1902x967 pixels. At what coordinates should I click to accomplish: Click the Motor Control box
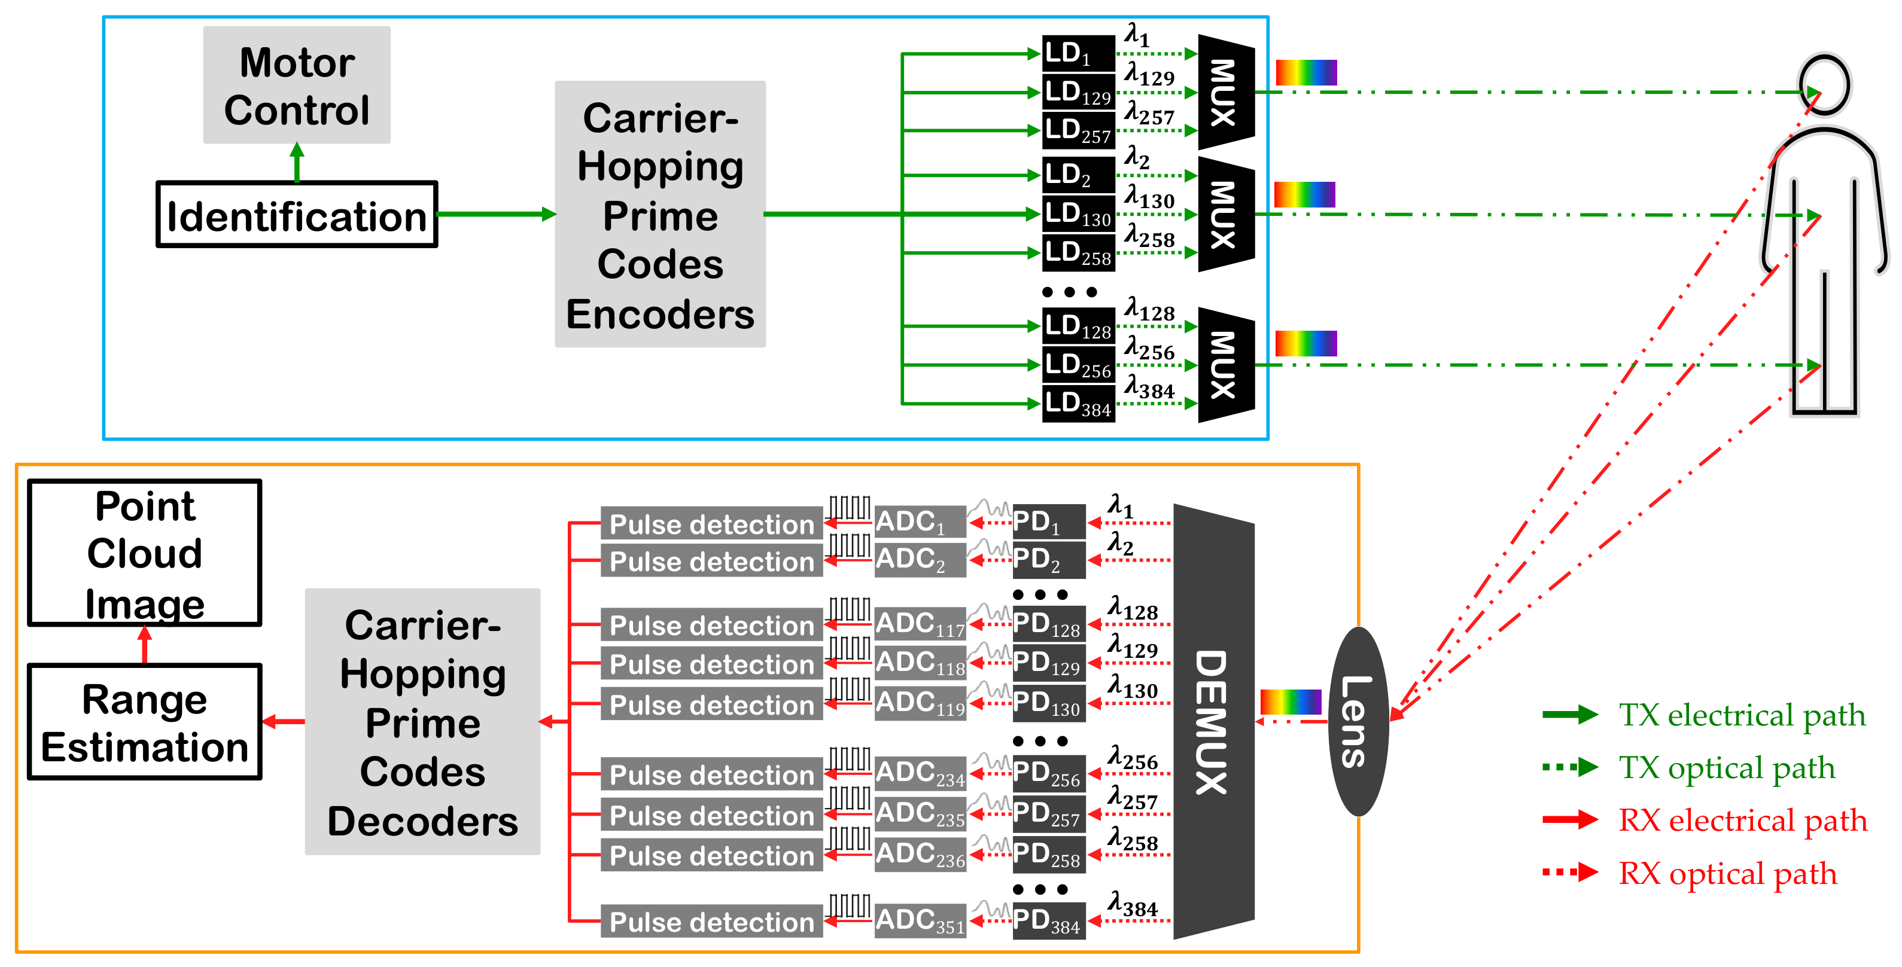click(x=296, y=85)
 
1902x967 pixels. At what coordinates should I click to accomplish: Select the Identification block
click(x=296, y=215)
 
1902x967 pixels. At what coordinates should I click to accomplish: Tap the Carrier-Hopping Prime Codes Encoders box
click(x=660, y=214)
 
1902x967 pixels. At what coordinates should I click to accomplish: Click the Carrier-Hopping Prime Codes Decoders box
click(x=422, y=721)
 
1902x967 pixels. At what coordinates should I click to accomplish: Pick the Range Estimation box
click(x=145, y=721)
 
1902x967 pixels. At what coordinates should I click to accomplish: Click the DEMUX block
click(x=1213, y=721)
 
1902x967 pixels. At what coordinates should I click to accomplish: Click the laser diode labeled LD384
click(x=1078, y=404)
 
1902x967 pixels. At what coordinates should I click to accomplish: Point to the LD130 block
click(x=1078, y=214)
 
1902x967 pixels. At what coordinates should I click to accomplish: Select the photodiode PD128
click(x=1048, y=624)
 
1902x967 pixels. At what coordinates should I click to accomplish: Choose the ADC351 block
click(x=920, y=920)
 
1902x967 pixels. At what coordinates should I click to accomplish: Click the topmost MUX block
click(x=1226, y=92)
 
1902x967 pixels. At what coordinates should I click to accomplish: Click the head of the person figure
click(x=1824, y=83)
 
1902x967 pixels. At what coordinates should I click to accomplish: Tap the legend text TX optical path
click(x=1726, y=768)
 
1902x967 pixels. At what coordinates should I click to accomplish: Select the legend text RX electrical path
click(x=1742, y=820)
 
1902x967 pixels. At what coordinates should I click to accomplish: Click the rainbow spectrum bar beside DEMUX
click(x=1290, y=701)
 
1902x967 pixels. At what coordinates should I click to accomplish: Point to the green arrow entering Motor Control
click(x=297, y=163)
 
